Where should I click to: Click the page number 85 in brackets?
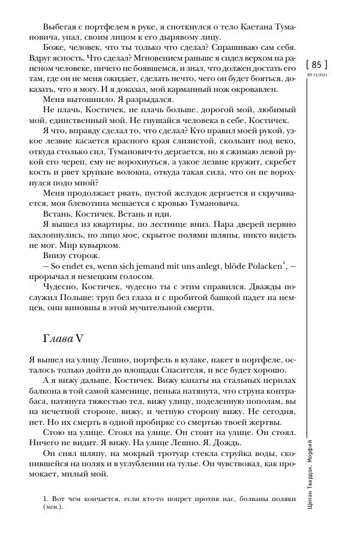316,64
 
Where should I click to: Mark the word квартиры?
114,224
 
